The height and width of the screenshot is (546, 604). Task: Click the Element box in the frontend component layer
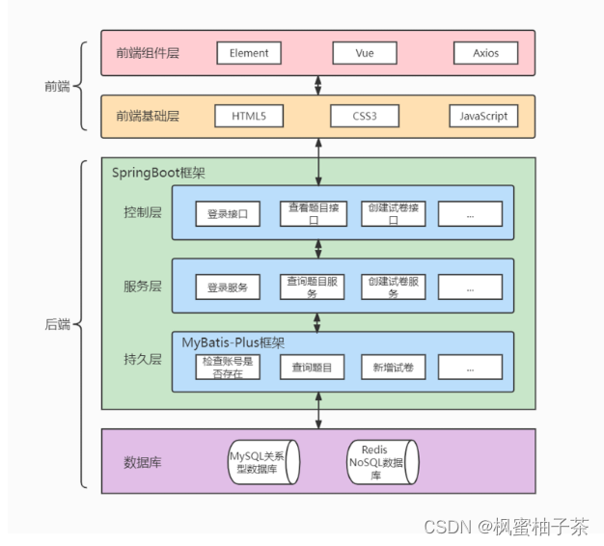(x=249, y=53)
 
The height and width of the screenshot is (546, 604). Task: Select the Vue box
(x=365, y=53)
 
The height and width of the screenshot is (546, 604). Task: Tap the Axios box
(x=485, y=53)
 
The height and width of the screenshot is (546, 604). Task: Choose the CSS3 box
(x=365, y=117)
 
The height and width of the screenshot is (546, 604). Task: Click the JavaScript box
(x=482, y=117)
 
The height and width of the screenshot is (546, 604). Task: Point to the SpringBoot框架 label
(x=158, y=172)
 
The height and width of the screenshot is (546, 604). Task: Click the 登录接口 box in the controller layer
(x=228, y=214)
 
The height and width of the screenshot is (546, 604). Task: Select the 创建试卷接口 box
(x=393, y=214)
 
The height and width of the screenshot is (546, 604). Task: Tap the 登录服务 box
(x=228, y=287)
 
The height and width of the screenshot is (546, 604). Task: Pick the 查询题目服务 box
(x=312, y=287)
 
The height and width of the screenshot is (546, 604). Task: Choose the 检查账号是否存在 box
(x=228, y=367)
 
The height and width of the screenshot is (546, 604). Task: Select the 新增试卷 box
(x=393, y=367)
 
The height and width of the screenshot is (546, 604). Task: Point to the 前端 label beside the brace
(x=56, y=86)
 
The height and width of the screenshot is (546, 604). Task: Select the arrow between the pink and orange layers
(x=318, y=85)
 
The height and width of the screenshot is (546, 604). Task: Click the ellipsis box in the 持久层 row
(x=470, y=367)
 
